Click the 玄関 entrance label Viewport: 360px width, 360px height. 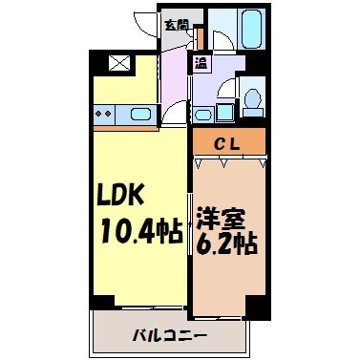174,25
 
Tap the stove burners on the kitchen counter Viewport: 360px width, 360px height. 105,116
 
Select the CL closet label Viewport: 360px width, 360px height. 227,144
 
